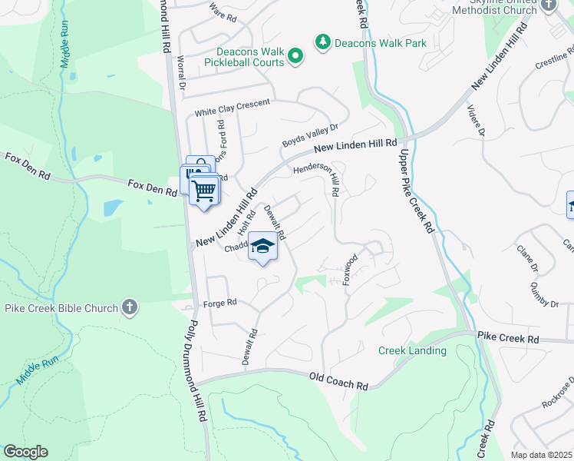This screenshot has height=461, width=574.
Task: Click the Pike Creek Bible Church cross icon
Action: pyautogui.click(x=130, y=308)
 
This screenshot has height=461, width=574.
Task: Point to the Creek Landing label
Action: pyautogui.click(x=412, y=350)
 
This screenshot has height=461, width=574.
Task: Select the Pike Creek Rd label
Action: pyautogui.click(x=508, y=338)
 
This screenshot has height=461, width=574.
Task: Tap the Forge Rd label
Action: pyautogui.click(x=219, y=303)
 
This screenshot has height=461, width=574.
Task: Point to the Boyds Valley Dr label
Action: pyautogui.click(x=309, y=136)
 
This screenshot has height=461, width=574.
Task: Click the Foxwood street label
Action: pyautogui.click(x=351, y=270)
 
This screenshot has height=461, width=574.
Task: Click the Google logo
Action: pyautogui.click(x=25, y=452)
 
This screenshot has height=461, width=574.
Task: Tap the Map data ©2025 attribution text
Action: pyautogui.click(x=541, y=455)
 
